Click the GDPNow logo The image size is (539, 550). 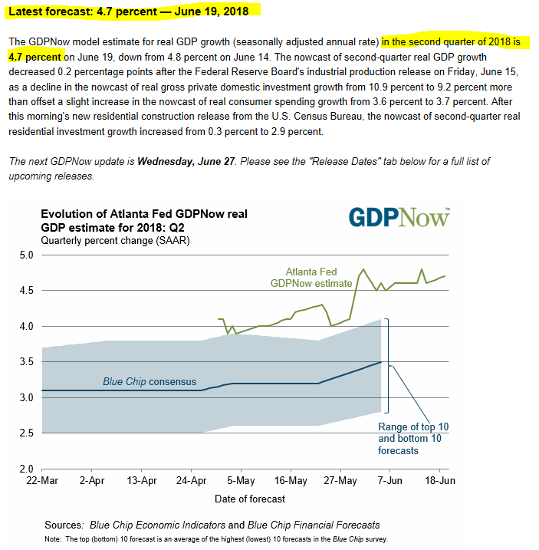(x=399, y=217)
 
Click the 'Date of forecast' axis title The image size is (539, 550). (x=249, y=499)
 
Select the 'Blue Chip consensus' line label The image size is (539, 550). (x=150, y=381)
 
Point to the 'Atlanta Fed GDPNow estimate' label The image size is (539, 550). (x=312, y=277)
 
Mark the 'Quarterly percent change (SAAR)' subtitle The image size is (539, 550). (x=115, y=240)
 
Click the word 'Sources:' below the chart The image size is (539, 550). (x=64, y=525)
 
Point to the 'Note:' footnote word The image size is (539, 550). (x=53, y=538)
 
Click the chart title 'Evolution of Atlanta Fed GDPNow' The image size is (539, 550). (x=143, y=213)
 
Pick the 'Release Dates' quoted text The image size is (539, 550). (x=331, y=161)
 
